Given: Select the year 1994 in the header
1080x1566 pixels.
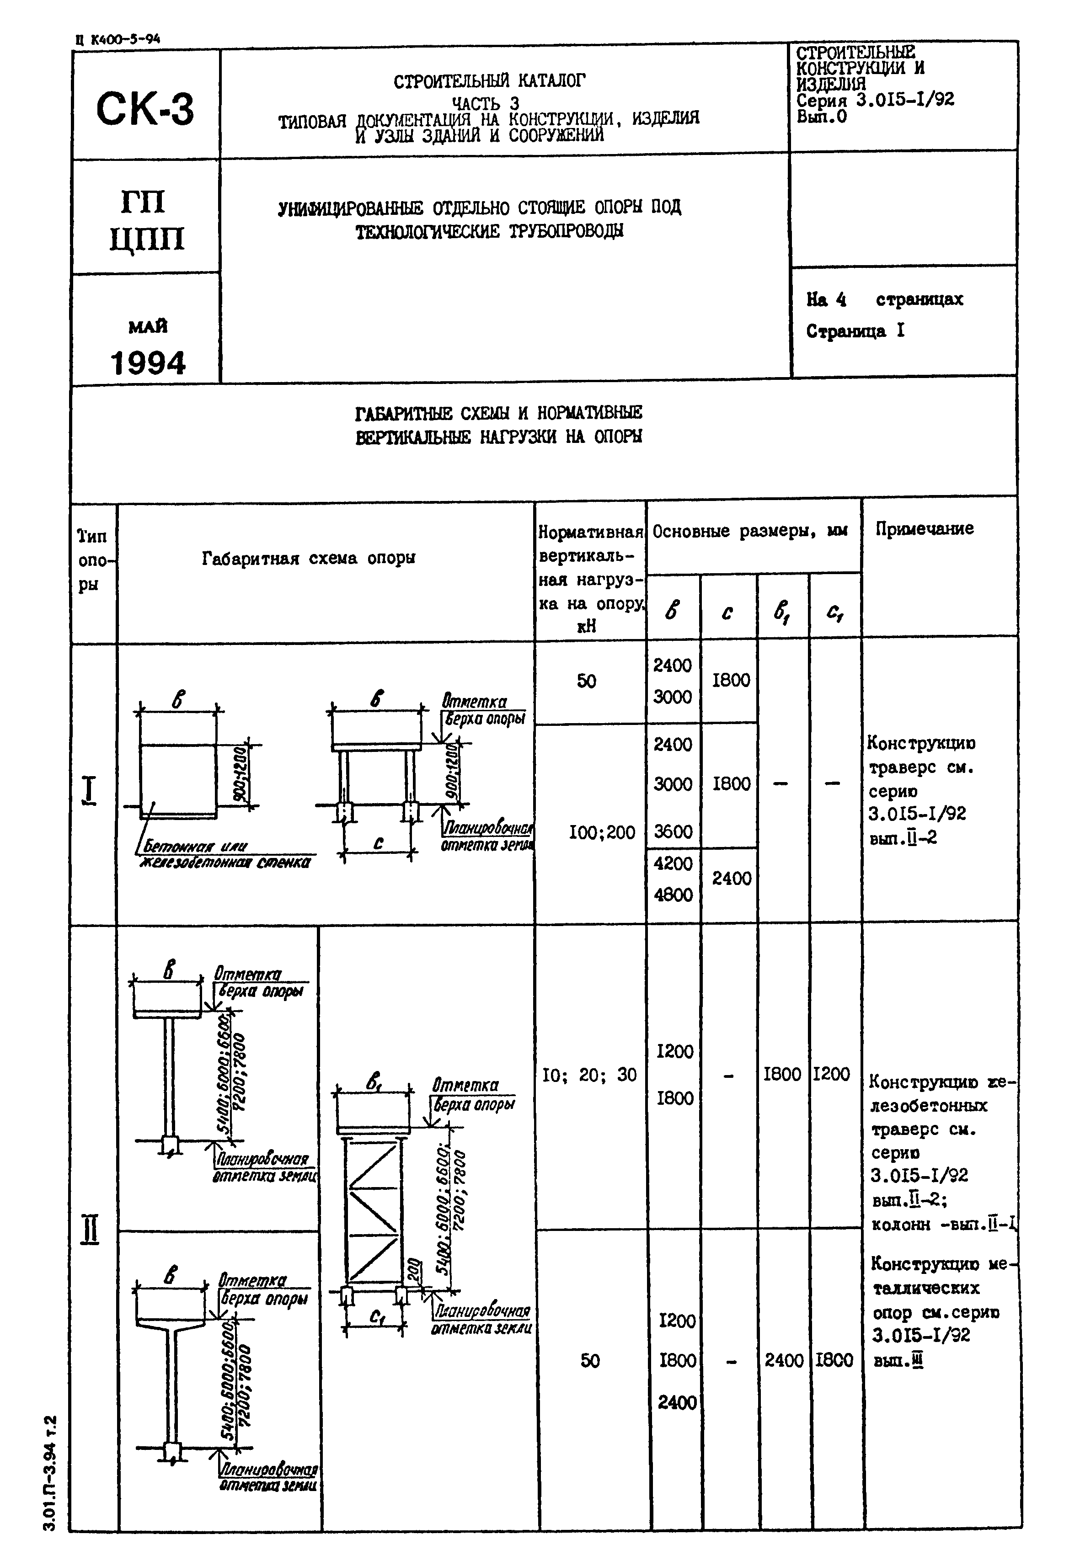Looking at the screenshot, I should click(148, 363).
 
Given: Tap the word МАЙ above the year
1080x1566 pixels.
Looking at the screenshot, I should click(148, 327).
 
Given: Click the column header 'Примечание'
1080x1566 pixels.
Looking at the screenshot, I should click(925, 528).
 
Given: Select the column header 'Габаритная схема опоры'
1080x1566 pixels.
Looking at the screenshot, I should click(309, 558).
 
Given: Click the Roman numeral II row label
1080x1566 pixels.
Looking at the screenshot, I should click(89, 1229).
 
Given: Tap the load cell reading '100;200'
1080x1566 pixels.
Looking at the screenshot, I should click(602, 832).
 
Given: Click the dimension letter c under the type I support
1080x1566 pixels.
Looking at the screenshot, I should click(378, 843).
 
